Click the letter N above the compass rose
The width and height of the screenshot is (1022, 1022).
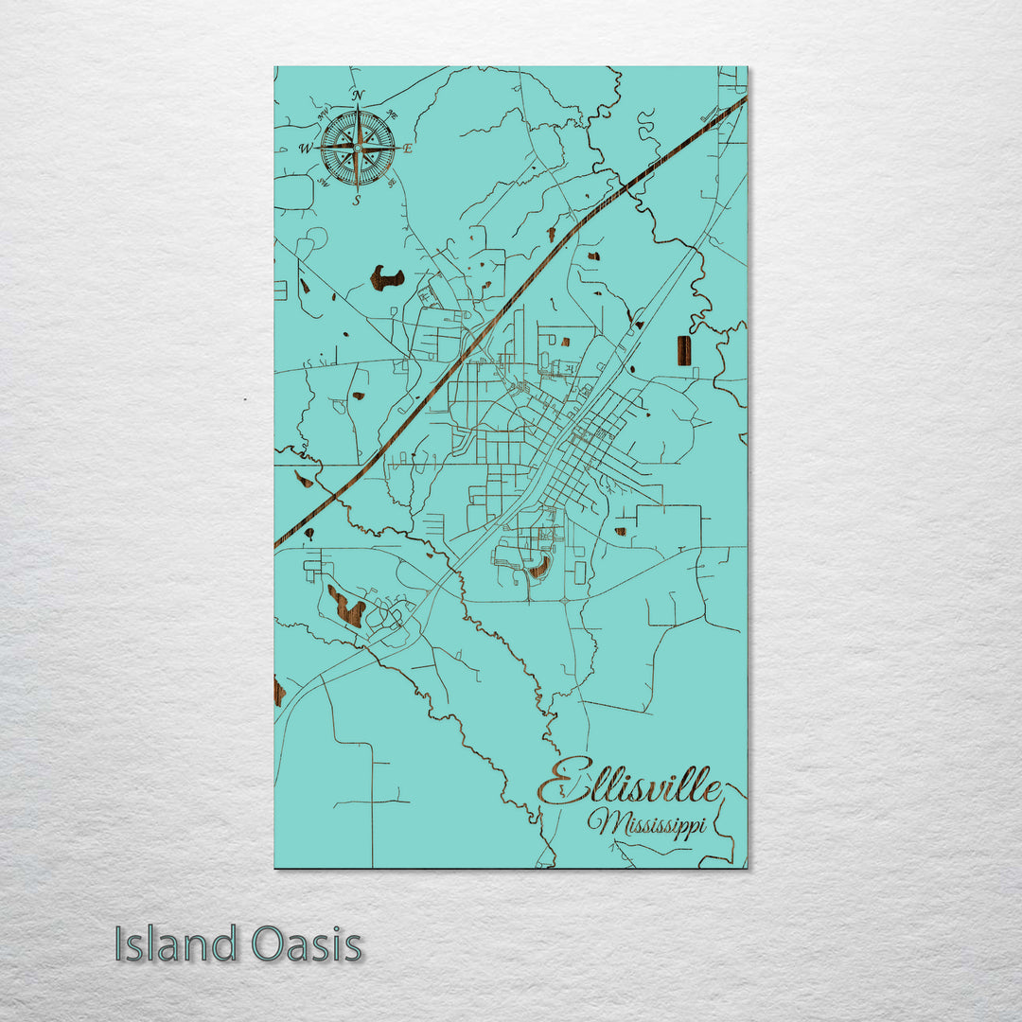(358, 96)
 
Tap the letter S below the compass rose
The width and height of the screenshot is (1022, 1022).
(357, 201)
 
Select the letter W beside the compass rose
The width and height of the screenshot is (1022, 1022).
(306, 149)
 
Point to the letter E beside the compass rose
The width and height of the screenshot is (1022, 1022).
(409, 149)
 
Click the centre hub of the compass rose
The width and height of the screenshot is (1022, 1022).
(358, 148)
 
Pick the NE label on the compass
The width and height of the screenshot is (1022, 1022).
(394, 115)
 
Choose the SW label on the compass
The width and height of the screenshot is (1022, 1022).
(323, 184)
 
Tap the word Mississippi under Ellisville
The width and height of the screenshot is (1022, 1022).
(646, 823)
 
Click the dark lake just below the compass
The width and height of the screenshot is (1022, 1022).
(386, 277)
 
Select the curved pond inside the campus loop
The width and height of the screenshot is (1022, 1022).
(540, 568)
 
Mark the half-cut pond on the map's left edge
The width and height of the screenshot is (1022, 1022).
(278, 691)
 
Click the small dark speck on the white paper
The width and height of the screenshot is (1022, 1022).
(245, 399)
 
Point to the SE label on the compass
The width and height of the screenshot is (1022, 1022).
(391, 183)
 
